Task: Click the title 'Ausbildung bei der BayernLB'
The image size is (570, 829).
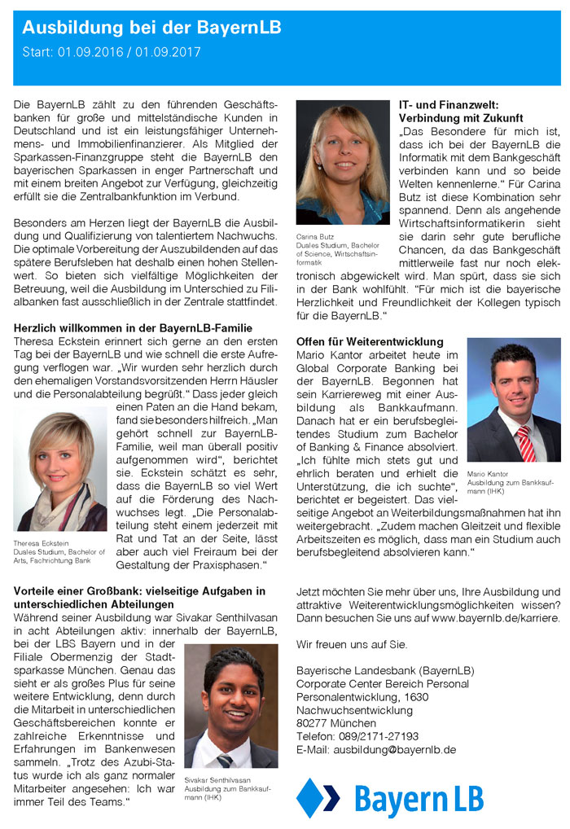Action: pos(151,29)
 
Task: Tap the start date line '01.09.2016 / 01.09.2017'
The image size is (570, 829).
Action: pos(129,52)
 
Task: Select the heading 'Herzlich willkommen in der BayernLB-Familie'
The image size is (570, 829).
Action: pos(133,327)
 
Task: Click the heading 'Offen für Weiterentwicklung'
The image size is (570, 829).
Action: pos(370,342)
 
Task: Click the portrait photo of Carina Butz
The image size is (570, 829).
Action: pos(343,162)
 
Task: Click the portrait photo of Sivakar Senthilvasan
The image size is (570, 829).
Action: pos(231,706)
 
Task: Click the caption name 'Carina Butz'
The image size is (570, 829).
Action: pos(315,238)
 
